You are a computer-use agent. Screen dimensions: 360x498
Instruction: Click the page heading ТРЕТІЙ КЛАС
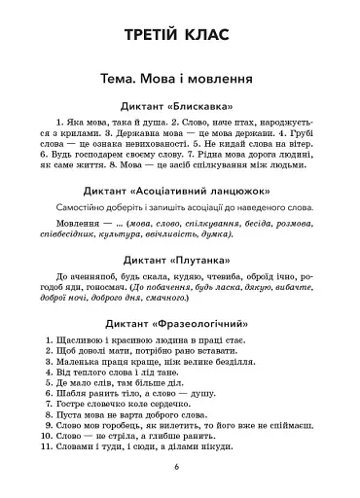180,36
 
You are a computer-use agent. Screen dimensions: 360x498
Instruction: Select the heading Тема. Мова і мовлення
180,77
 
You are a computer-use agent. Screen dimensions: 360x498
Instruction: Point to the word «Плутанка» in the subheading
207,259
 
